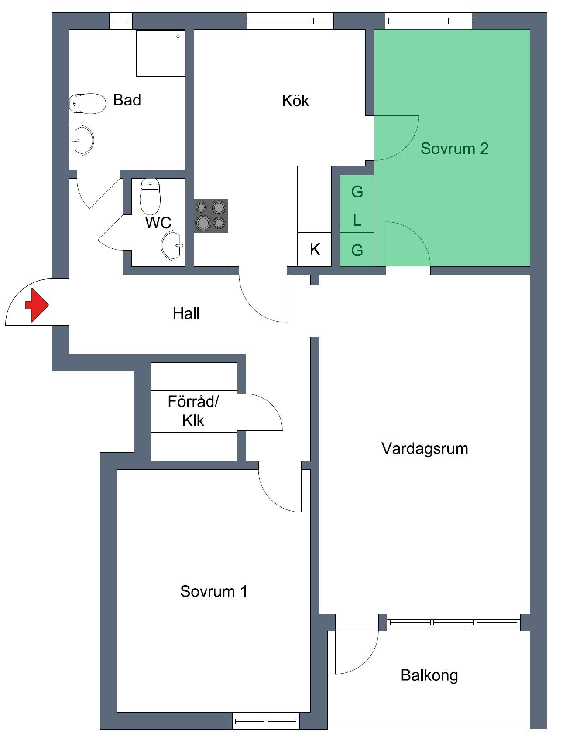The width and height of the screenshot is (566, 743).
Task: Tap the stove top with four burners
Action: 211,216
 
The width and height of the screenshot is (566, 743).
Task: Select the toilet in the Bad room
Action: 88,103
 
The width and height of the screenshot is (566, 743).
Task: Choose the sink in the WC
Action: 173,246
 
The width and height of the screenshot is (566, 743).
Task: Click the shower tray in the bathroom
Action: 161,53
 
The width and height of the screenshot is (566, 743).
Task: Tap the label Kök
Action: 295,101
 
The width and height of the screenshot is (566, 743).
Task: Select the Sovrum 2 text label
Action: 454,149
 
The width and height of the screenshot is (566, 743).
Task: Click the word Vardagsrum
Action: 425,448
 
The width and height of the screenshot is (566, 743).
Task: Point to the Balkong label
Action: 429,675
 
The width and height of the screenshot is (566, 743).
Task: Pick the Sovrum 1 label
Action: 214,591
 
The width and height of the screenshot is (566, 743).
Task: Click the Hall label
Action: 186,313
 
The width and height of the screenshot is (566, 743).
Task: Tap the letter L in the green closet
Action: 357,221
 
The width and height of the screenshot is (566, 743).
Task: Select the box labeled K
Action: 314,249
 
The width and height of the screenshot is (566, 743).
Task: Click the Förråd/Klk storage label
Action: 193,411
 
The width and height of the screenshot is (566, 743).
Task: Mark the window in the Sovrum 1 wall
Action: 266,721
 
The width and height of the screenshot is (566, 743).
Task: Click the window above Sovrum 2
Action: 429,20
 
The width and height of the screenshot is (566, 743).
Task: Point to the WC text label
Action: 158,223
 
